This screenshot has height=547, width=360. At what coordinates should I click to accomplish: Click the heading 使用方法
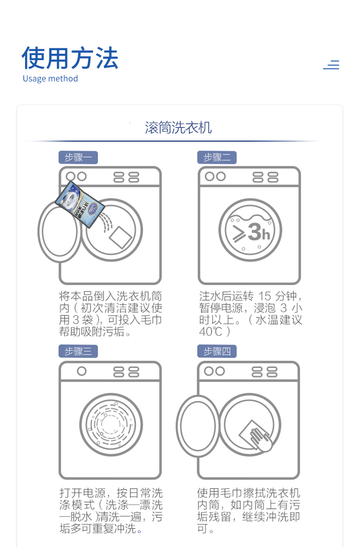pyautogui.click(x=70, y=58)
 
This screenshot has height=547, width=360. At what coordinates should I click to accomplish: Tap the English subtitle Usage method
pyautogui.click(x=50, y=78)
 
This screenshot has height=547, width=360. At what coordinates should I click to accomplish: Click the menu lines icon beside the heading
pyautogui.click(x=331, y=65)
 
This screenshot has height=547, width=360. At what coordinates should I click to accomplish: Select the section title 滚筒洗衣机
pyautogui.click(x=179, y=128)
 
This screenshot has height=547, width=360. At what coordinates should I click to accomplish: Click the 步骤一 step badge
pyautogui.click(x=78, y=158)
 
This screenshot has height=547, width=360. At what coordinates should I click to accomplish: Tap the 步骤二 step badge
pyautogui.click(x=217, y=158)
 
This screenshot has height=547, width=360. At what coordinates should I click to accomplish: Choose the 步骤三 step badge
pyautogui.click(x=78, y=352)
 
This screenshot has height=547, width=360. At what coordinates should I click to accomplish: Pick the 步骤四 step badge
pyautogui.click(x=217, y=352)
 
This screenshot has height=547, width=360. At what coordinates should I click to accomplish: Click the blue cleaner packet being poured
pyautogui.click(x=80, y=204)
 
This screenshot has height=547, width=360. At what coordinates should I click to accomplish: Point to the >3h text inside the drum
pyautogui.click(x=252, y=232)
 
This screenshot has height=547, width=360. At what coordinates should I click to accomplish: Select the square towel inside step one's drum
pyautogui.click(x=120, y=237)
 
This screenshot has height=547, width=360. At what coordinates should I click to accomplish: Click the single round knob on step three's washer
pyautogui.click(x=82, y=371)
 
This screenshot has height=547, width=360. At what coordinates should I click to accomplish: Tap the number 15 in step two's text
pyautogui.click(x=265, y=296)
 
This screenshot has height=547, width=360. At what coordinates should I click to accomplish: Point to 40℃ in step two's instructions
pyautogui.click(x=211, y=332)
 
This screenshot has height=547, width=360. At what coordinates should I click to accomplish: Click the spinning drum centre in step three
pyautogui.click(x=111, y=424)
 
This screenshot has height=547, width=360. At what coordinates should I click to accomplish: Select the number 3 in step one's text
pyautogui.click(x=76, y=320)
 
